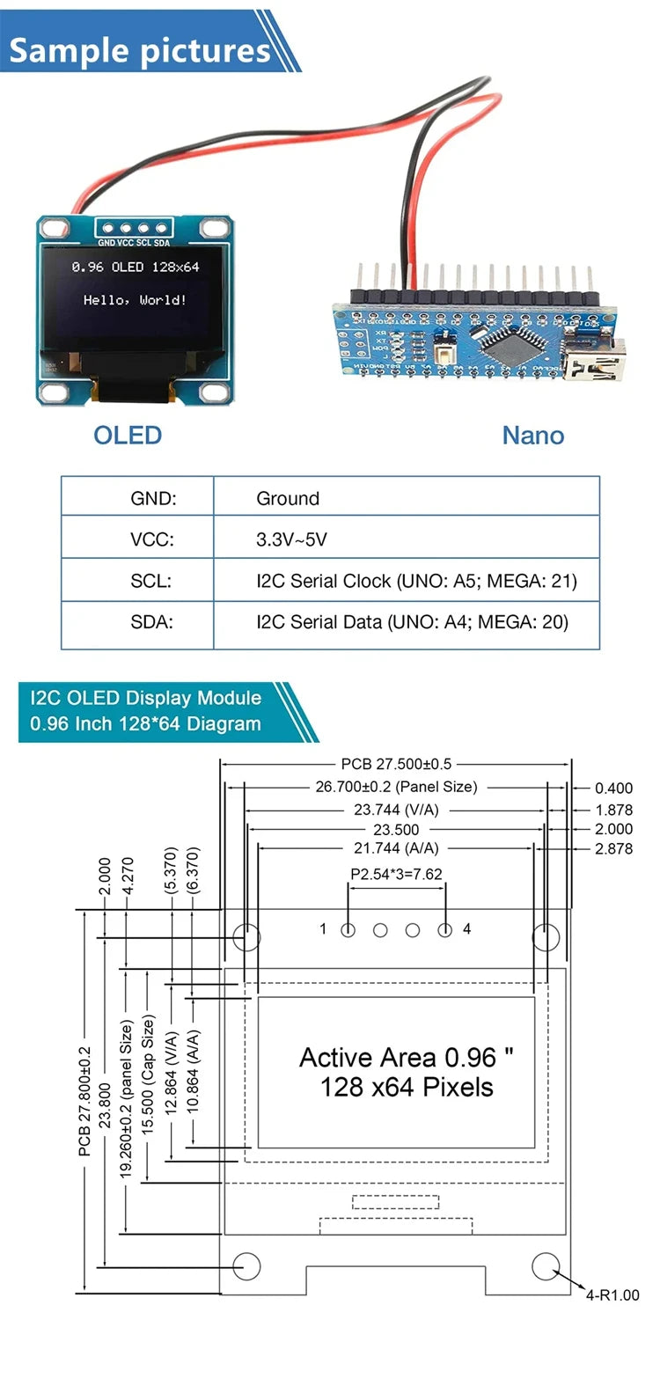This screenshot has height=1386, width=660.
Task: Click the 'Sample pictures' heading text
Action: click(139, 50)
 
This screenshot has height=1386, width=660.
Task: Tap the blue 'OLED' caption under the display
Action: click(128, 435)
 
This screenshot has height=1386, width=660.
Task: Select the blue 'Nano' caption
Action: click(532, 435)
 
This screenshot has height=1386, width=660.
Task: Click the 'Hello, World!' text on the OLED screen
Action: click(135, 300)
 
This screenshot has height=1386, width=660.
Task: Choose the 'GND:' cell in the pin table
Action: click(153, 498)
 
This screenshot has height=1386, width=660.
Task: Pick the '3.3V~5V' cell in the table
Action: click(291, 539)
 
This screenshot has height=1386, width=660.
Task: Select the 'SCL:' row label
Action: click(150, 581)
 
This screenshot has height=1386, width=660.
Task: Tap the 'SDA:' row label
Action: click(151, 622)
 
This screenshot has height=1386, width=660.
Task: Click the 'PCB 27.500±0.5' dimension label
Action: click(396, 764)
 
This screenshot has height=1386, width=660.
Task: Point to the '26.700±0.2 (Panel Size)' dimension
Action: click(396, 787)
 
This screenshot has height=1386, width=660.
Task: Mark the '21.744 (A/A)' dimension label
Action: click(396, 848)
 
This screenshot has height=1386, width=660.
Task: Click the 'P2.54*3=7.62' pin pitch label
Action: click(396, 874)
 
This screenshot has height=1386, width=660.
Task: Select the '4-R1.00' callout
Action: click(612, 1295)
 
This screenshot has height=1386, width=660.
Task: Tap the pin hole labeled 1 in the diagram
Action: click(348, 929)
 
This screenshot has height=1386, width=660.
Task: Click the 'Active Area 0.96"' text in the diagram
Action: click(406, 1057)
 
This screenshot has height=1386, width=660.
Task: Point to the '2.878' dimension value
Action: click(613, 849)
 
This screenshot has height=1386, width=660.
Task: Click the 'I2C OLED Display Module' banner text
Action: click(145, 698)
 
